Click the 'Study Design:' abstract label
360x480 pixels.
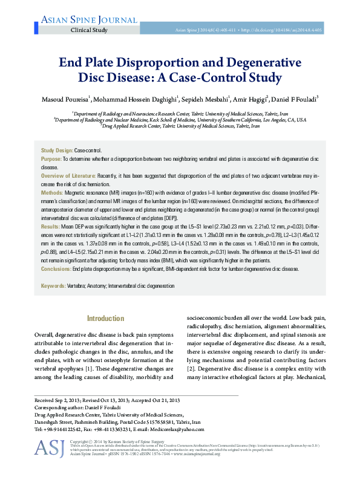(x=56, y=150)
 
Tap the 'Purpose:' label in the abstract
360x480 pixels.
(x=51, y=158)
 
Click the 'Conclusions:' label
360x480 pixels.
(x=56, y=269)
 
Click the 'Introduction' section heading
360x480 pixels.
(x=106, y=318)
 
